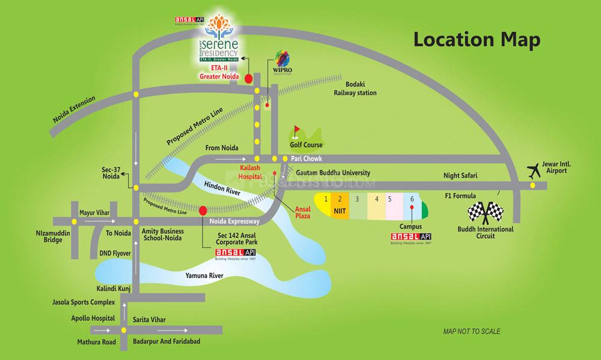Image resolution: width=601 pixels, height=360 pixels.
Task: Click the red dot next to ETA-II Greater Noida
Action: (248, 78)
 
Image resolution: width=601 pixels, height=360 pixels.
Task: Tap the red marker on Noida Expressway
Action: (203, 210)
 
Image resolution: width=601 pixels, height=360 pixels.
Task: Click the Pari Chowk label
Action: (308, 159)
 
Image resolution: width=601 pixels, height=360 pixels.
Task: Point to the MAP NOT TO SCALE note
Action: (471, 331)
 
